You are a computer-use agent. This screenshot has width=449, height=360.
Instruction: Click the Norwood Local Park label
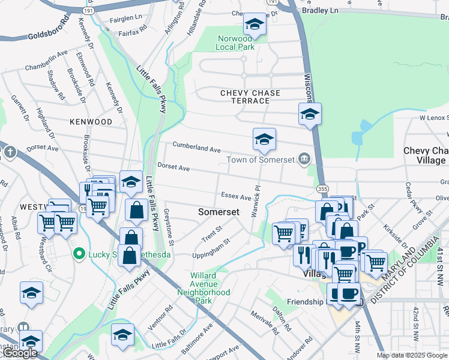coord(236,43)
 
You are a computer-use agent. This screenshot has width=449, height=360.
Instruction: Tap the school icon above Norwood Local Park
coord(255,25)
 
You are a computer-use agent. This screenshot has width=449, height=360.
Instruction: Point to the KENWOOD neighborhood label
coord(91,122)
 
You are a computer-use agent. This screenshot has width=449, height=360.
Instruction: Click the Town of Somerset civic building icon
coord(305,159)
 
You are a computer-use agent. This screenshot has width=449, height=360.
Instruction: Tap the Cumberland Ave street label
coord(197,147)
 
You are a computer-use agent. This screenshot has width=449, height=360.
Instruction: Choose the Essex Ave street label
coord(236,196)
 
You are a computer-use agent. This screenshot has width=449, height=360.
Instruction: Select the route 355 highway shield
coord(322,189)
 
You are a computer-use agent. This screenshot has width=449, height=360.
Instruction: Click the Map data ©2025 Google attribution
coord(412,355)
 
